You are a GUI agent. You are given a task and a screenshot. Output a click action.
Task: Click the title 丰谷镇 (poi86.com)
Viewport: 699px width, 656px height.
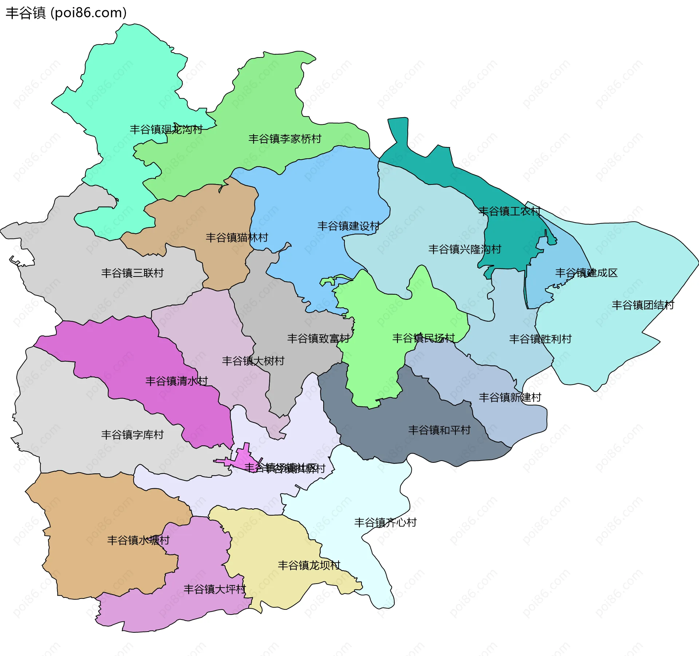[x=66, y=13]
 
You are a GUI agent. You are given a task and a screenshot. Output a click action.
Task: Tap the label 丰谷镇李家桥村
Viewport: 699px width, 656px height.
[x=285, y=139]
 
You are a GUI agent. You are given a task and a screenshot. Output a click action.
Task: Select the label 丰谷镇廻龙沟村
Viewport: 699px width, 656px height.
[x=166, y=129]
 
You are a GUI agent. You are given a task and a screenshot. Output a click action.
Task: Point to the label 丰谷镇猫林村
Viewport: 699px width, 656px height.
[x=237, y=238]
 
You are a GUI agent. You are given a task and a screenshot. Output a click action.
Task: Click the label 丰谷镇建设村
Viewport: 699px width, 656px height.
[x=348, y=226]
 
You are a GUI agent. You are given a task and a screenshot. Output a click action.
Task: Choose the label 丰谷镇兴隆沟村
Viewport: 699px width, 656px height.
[x=465, y=249]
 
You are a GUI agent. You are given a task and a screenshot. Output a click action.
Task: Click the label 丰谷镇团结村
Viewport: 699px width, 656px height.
[x=643, y=305]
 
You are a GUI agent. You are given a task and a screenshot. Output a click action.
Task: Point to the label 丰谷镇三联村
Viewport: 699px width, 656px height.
[x=132, y=273]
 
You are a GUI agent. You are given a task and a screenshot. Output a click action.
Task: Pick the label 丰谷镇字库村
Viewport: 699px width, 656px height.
[x=132, y=434]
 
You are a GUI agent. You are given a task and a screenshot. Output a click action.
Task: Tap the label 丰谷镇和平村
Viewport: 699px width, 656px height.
[x=439, y=430]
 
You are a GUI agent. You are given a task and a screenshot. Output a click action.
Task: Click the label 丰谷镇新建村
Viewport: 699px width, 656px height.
[x=510, y=397]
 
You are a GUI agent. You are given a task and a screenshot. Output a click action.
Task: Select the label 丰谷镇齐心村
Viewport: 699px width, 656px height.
[x=385, y=522]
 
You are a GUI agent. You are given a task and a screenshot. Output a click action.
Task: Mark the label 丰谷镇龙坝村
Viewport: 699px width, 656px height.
[x=309, y=565]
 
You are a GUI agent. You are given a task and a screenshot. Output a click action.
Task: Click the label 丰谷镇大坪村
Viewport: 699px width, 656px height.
[x=214, y=589]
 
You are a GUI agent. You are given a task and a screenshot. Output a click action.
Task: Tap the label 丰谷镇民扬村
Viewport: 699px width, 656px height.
[x=423, y=338]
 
